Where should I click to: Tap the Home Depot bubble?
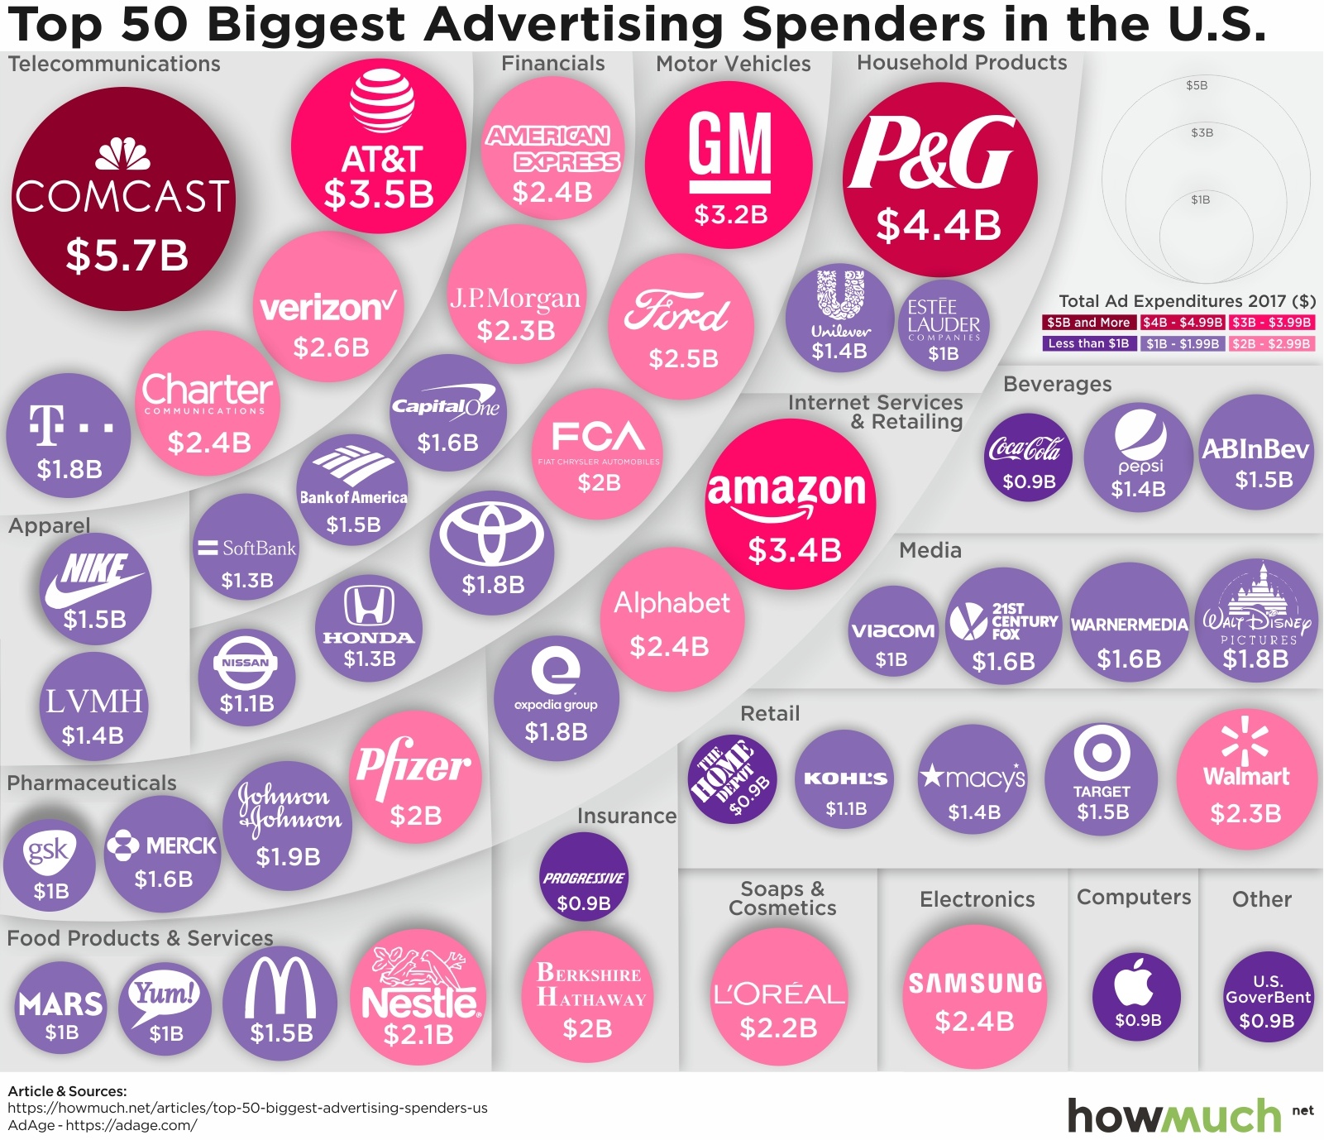732,778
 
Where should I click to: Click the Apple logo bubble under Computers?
1137,994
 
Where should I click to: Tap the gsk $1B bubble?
50,865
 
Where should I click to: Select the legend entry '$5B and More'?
1088,323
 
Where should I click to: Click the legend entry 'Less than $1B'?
1088,343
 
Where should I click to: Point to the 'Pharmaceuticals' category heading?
92,783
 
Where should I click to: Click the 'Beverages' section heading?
1057,384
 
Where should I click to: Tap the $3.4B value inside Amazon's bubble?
794,550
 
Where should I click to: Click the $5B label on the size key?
1197,85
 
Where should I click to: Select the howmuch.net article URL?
247,1108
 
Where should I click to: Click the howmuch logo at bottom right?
1174,1116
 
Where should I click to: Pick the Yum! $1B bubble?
165,1006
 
